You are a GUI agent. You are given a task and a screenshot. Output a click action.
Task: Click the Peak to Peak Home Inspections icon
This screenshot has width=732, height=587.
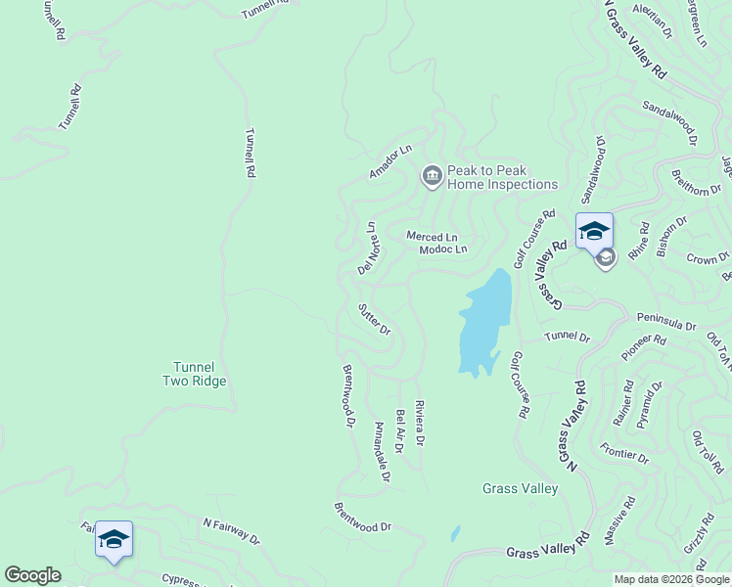pos(431,176)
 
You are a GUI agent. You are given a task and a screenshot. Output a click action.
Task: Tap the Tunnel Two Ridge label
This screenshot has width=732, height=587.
pos(194,375)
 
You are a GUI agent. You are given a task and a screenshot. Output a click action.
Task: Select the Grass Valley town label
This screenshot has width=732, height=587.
pos(521,488)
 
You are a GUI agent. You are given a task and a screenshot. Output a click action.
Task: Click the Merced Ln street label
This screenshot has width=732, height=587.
pos(433,237)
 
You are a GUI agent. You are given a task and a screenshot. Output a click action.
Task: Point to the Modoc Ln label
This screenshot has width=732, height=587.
pos(443,249)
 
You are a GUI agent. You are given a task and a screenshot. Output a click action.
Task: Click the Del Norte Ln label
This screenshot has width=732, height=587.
pos(368,248)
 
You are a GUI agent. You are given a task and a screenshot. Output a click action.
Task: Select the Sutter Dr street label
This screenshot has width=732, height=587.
pos(374,318)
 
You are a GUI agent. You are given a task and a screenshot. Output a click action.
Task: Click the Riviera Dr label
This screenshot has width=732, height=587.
pos(419,424)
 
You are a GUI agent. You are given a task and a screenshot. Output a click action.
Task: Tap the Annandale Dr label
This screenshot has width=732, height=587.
pos(382,451)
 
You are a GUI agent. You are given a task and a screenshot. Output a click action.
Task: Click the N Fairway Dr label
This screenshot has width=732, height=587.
pos(231,531)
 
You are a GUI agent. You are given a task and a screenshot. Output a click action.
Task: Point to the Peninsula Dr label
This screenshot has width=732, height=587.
pos(665,320)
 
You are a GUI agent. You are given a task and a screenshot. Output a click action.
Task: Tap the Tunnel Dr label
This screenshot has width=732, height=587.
pos(568,337)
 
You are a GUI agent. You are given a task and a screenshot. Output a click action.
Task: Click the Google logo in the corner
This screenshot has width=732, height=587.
pos(32,575)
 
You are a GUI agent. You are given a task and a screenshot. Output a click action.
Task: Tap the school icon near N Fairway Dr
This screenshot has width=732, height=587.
pos(114,539)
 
